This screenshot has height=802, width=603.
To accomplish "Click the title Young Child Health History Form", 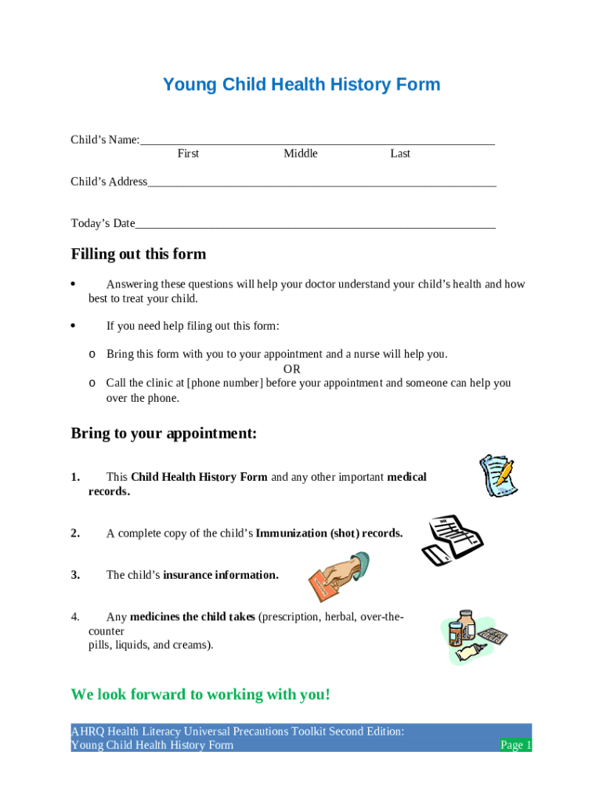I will pos(301,85).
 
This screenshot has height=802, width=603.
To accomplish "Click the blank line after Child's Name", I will pos(317,141).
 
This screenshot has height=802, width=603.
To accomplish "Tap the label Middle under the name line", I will pos(301,154).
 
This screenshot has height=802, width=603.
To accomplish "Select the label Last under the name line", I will pos(400,154).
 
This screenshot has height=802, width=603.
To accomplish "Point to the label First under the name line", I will pos(188,154).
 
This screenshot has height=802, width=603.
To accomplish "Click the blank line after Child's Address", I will pos(321,182).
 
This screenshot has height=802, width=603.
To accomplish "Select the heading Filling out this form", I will pos(139,254).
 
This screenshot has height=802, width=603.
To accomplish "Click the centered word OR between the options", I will pos(291,369).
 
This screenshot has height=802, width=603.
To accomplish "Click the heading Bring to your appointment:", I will pos(164,433).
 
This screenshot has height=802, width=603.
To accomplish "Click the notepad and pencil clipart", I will pos(498,475).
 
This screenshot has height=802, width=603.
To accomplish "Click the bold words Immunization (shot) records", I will pos(329,533).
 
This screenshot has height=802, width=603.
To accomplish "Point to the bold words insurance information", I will pos(220,575).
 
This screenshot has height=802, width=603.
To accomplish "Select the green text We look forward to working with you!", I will pos(200,695).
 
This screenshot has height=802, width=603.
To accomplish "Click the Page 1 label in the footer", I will pos(516,745).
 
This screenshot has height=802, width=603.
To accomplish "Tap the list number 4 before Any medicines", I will pos(75,617).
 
